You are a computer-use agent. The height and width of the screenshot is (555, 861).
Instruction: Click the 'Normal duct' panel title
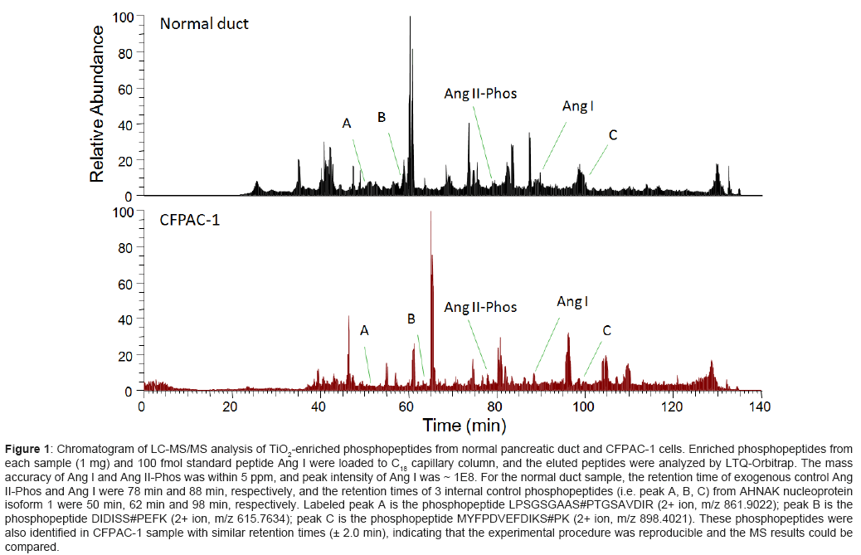(x=204, y=23)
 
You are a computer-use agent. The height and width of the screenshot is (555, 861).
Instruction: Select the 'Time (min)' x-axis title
(x=465, y=426)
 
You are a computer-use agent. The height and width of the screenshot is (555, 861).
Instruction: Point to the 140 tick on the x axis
(x=760, y=407)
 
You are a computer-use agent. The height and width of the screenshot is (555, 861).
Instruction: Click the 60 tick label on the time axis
(x=406, y=407)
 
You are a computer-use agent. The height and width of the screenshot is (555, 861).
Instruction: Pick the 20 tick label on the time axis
(x=230, y=407)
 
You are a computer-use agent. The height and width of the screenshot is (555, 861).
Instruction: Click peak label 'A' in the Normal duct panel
(x=347, y=124)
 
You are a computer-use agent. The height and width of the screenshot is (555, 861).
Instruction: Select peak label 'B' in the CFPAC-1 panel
(x=411, y=319)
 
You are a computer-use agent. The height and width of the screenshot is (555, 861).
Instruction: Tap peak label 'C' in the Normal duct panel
(x=612, y=135)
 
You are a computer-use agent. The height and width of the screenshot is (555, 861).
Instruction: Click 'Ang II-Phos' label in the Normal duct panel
(x=481, y=94)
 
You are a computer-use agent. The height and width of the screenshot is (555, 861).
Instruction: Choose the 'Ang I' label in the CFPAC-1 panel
(x=572, y=302)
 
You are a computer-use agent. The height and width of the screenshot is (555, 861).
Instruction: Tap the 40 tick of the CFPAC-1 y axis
(x=126, y=319)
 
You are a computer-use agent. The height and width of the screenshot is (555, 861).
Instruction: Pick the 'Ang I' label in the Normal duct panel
(x=577, y=107)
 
